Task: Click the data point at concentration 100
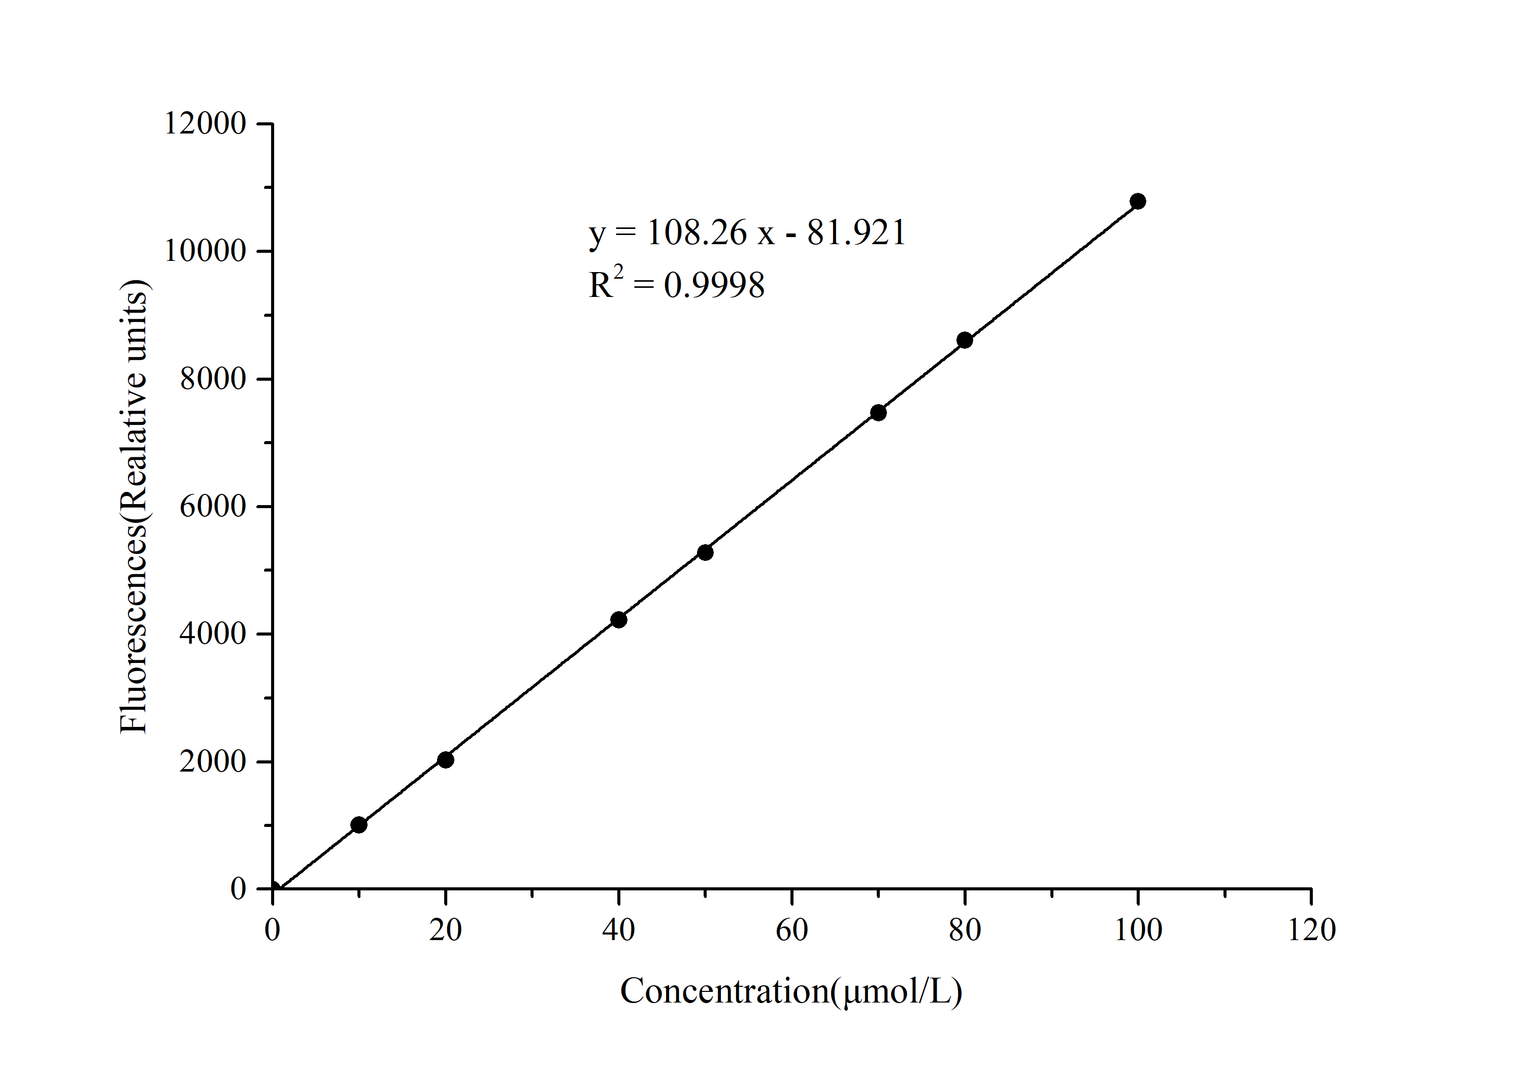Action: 1138,201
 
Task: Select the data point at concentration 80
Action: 965,340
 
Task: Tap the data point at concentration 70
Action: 878,413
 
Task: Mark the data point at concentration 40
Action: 618,620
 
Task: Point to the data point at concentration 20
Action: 446,759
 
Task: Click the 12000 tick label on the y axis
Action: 205,123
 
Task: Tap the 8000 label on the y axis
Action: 213,379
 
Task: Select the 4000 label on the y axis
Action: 213,634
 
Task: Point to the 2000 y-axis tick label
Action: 213,761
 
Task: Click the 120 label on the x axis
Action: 1311,930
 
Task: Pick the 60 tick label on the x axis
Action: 791,930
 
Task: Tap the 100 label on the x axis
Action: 1138,930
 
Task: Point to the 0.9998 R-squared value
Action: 714,285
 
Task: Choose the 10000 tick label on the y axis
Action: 205,251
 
